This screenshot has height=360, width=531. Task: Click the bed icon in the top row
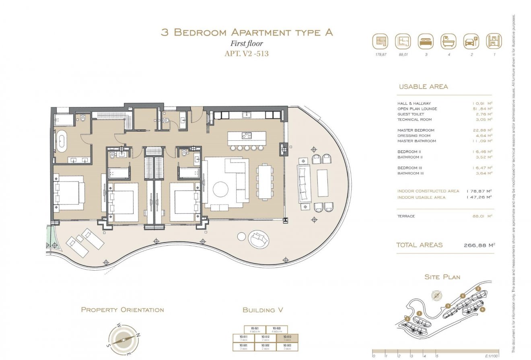tap(426, 41)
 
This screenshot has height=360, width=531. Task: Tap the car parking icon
tap(471, 41)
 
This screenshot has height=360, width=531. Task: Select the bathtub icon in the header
tap(449, 41)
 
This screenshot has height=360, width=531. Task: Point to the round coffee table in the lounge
tap(221, 189)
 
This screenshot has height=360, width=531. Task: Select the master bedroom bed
tap(69, 193)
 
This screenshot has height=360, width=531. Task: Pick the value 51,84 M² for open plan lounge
tap(482, 109)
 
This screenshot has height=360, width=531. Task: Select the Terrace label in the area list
tap(406, 216)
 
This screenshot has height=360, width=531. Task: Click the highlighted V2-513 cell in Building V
tap(287, 338)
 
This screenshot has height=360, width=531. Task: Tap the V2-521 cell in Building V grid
tap(255, 329)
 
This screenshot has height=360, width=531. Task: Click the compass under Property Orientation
tap(123, 339)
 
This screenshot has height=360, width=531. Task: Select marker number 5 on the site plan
tap(478, 288)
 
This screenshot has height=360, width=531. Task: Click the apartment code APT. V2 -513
tap(247, 53)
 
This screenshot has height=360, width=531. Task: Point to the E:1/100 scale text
tap(491, 356)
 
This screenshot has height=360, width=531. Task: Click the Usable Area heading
tap(423, 86)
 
